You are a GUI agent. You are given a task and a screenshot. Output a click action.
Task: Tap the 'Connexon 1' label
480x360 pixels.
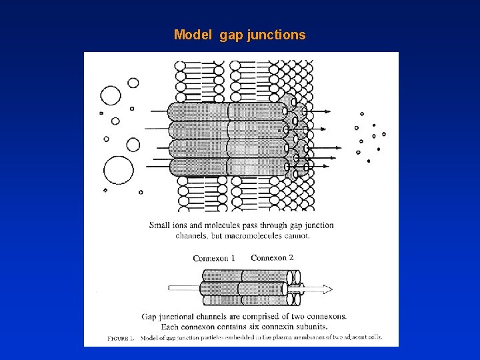214,258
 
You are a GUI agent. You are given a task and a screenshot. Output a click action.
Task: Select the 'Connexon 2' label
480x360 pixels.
272,257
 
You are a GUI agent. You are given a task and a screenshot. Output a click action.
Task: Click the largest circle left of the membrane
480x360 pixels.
118,171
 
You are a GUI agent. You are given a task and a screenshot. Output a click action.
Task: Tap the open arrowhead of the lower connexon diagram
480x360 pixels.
327,289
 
